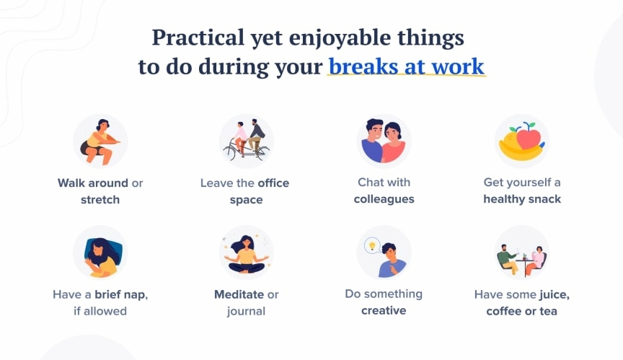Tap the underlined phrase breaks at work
406,66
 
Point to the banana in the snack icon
519,149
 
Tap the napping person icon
100,253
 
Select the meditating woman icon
246,253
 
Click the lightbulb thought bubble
372,245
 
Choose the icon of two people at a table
521,254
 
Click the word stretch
100,200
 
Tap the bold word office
273,183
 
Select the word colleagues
384,199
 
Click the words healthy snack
522,199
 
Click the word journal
246,312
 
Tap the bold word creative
384,311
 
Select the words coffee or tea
521,312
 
